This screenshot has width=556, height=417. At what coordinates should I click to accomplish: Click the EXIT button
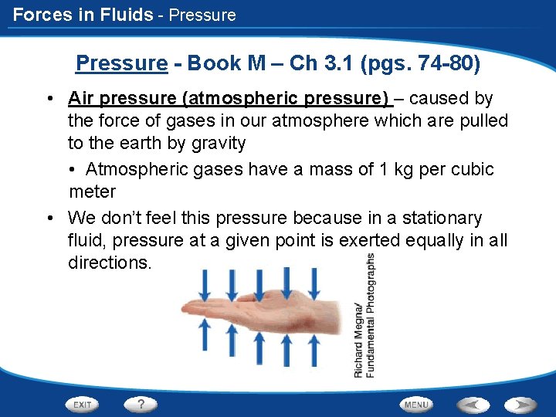[82, 404]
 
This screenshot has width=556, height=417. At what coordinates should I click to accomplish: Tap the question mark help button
[141, 404]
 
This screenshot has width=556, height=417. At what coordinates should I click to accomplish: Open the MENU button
[416, 404]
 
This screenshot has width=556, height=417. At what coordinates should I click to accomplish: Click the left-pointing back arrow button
[473, 404]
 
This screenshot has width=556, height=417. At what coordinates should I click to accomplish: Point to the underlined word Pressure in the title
[121, 63]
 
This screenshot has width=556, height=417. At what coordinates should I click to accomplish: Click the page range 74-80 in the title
[439, 63]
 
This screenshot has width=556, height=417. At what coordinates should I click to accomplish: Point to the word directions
[109, 263]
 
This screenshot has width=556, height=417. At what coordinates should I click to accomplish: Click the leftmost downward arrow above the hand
[205, 284]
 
